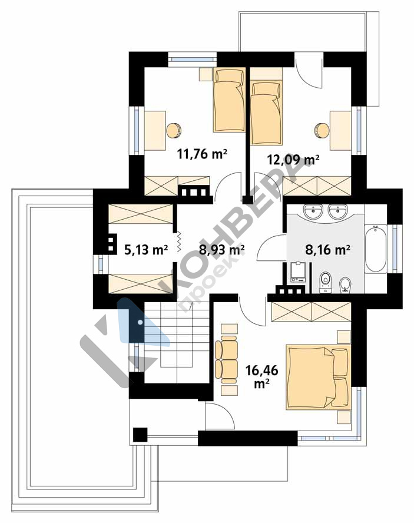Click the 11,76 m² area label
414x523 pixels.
point(202,154)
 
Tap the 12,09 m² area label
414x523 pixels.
point(293,159)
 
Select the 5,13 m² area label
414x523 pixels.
point(146,249)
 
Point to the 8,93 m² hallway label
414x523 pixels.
point(222,249)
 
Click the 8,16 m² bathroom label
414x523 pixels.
point(327,249)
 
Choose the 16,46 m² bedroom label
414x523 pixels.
point(261,376)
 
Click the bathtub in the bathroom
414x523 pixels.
point(376,249)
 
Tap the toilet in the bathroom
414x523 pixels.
point(325,282)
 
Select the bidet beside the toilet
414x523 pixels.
point(345,284)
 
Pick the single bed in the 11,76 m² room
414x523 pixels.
point(229,100)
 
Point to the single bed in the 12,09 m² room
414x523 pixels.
point(266,106)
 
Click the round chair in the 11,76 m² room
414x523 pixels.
point(174,130)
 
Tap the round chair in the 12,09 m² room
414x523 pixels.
point(322,130)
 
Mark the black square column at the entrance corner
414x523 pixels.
point(140,435)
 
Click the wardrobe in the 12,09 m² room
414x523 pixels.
point(317,186)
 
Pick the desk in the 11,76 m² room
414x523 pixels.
point(155,130)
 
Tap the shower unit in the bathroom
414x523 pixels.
point(298,273)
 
